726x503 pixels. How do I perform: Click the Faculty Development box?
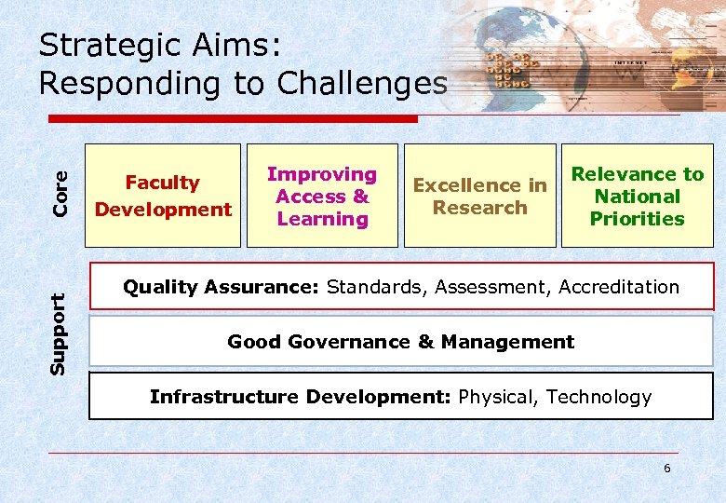tap(163, 196)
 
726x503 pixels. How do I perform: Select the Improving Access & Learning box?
tap(322, 196)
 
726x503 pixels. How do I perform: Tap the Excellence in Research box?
tap(479, 196)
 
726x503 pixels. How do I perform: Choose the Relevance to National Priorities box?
tap(637, 196)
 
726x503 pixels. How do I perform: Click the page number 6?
tap(666, 469)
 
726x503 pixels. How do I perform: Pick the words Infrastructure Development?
tap(301, 397)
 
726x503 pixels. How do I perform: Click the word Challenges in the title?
tap(362, 83)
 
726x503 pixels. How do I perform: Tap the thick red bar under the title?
tap(233, 119)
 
